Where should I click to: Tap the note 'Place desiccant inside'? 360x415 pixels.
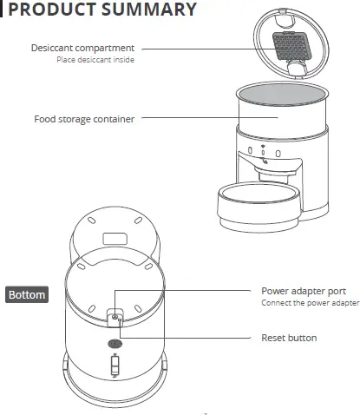tap(95, 61)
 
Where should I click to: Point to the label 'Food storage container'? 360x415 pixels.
tap(84, 119)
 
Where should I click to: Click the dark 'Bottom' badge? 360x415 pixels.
tap(27, 294)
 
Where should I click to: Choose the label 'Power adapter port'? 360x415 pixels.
tap(304, 291)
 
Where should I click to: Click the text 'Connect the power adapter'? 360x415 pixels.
tap(310, 304)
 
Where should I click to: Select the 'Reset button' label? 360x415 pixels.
tap(289, 337)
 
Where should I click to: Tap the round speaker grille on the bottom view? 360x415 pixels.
tap(115, 344)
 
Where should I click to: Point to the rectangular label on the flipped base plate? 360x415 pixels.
tap(115, 236)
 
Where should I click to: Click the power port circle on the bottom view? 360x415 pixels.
tap(115, 318)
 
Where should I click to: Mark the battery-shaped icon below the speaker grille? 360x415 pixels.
tap(115, 371)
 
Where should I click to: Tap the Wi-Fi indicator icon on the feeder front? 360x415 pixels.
tap(266, 155)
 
